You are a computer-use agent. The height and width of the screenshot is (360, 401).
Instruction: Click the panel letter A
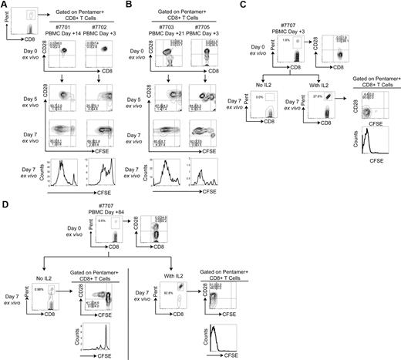point(5,5)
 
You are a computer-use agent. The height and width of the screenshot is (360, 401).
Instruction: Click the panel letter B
point(140,5)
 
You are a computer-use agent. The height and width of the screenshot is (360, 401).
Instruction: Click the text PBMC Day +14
point(62,32)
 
